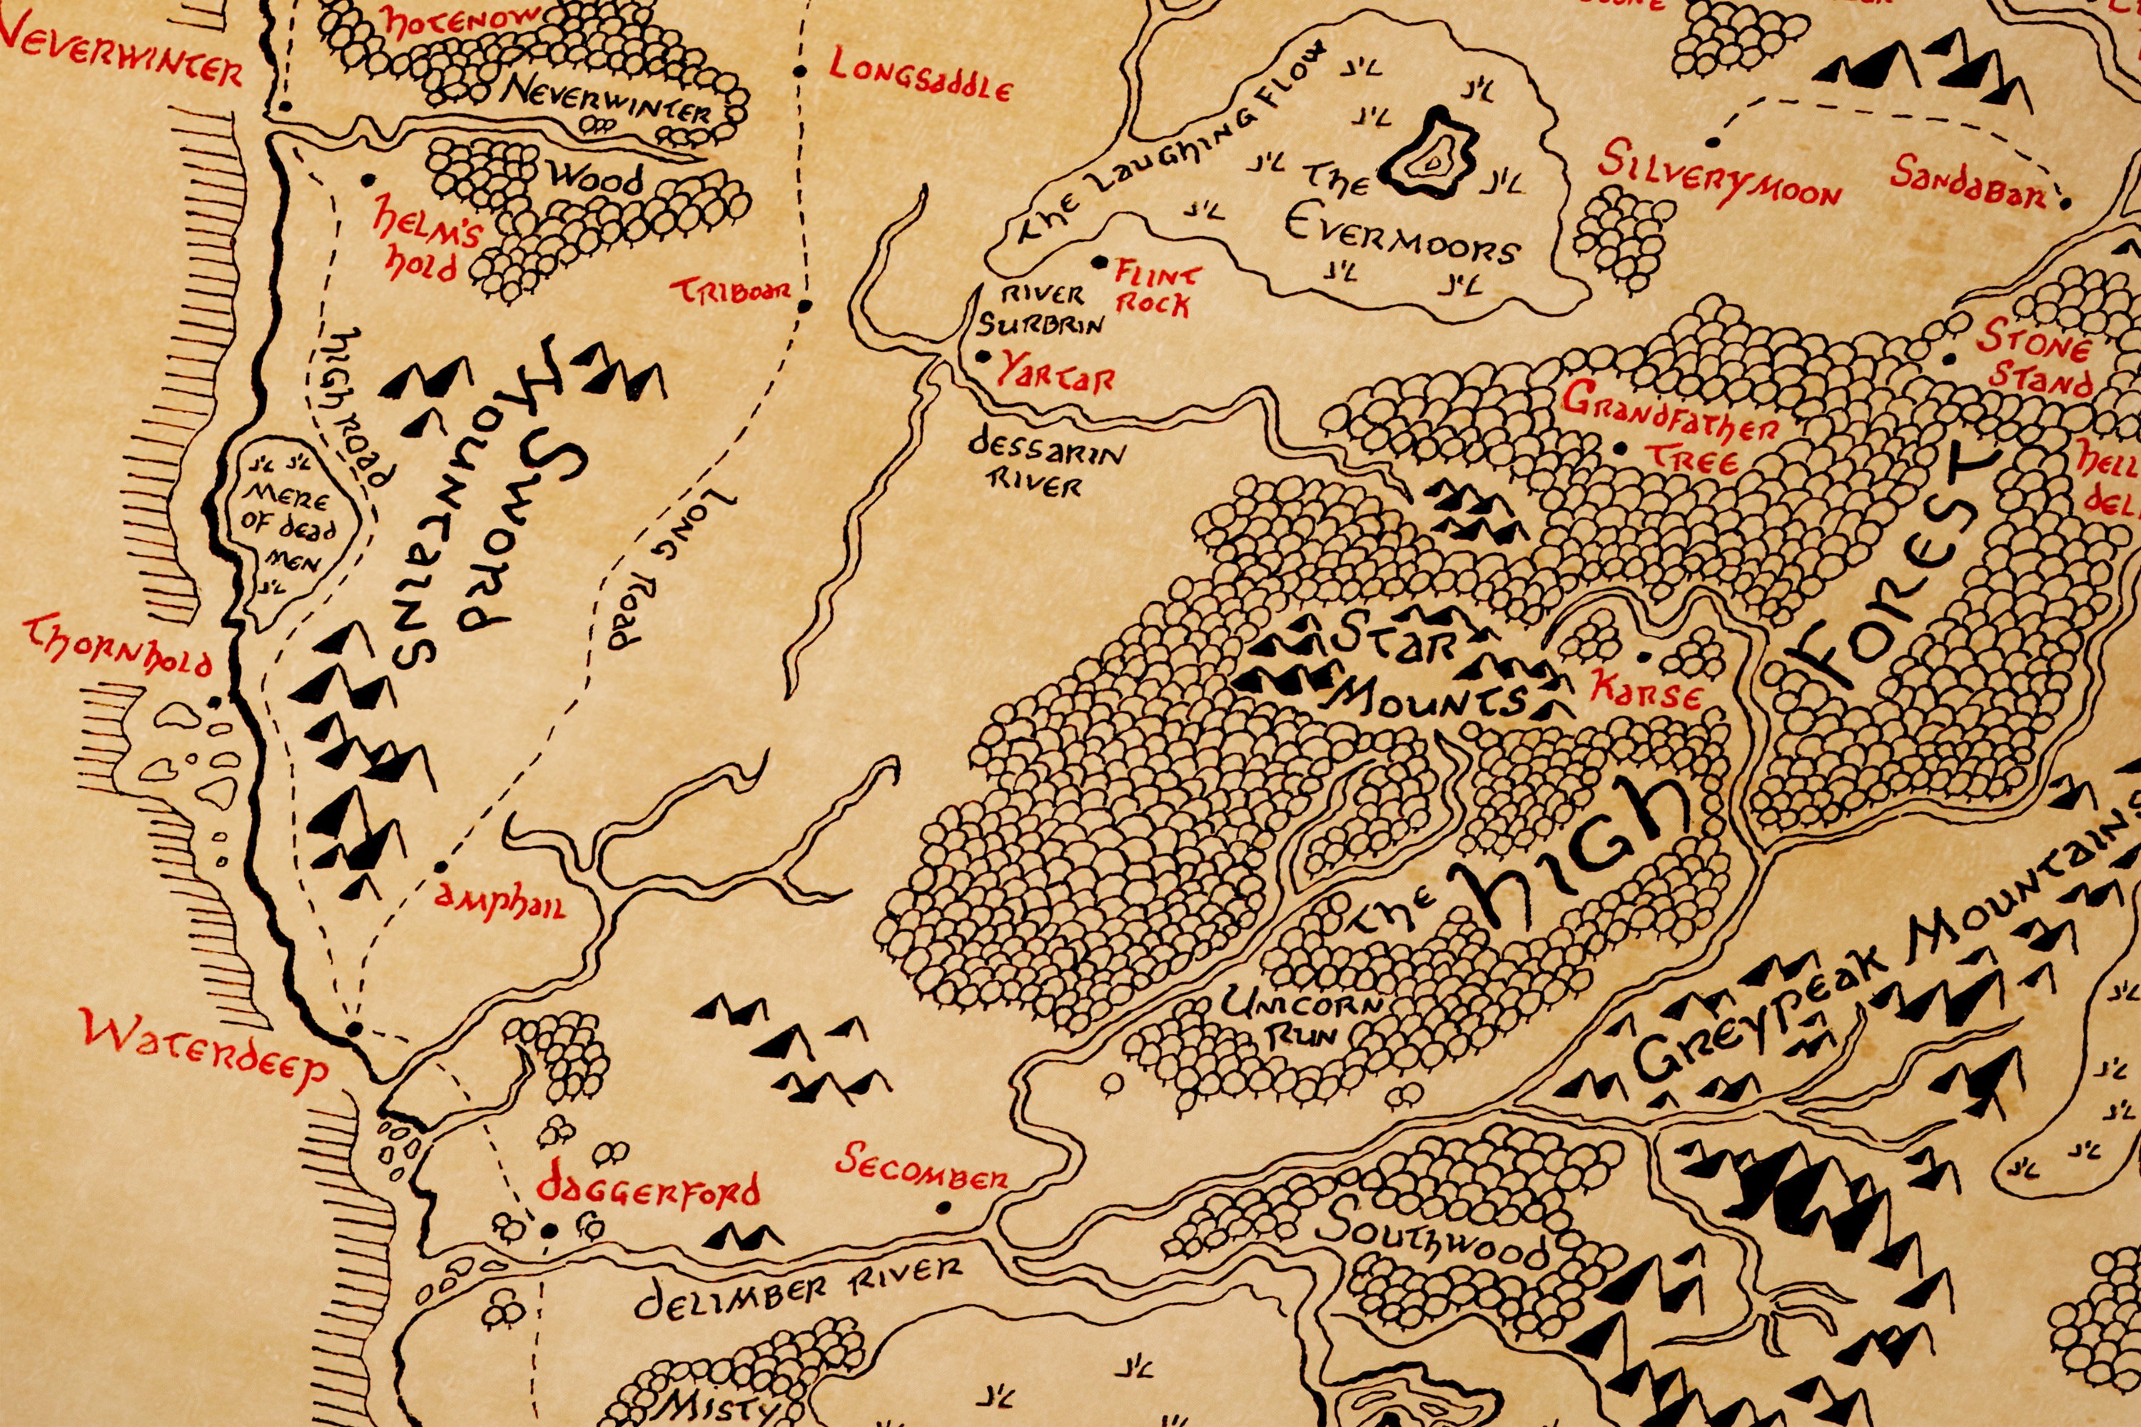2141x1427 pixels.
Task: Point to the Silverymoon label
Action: (1719, 178)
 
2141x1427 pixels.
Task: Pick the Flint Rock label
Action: (1156, 290)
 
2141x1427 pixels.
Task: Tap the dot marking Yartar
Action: (981, 357)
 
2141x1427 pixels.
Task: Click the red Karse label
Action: (1645, 691)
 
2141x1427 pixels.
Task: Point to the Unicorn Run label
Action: (1302, 1018)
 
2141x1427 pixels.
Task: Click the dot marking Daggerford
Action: (549, 1230)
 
